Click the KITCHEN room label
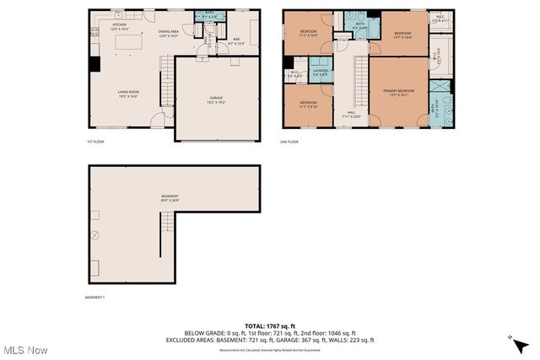point(119,27)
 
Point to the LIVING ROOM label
point(127,94)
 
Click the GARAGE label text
point(216,99)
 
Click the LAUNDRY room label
point(320,73)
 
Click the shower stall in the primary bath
point(440,89)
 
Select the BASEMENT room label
point(170,197)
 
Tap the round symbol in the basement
point(95,236)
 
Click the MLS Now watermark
point(24,350)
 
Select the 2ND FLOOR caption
point(289,142)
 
